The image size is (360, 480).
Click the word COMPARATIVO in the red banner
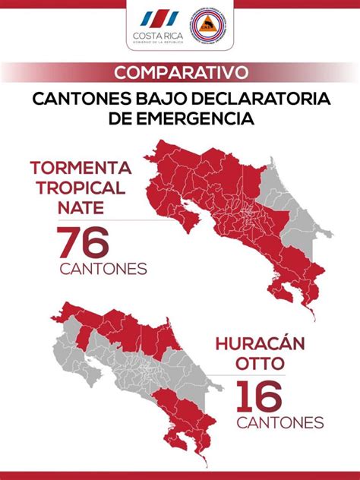pos(180,72)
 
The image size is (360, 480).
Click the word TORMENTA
pos(81,168)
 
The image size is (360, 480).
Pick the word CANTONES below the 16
pos(279,423)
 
